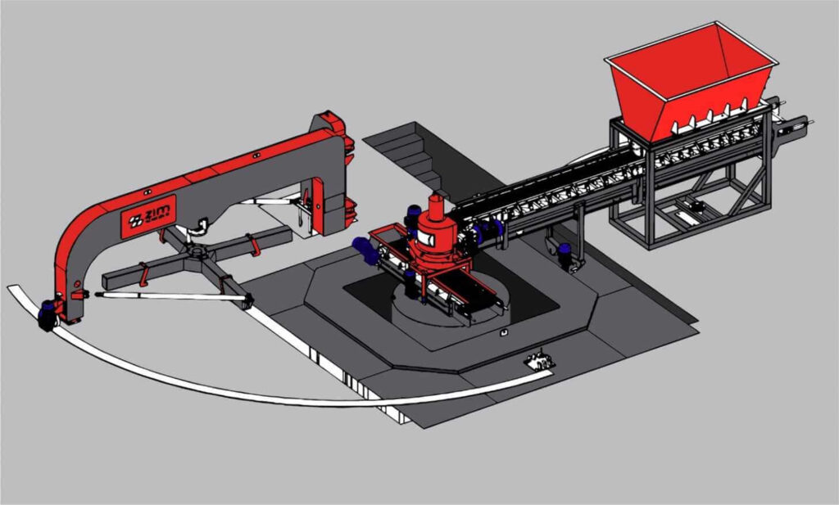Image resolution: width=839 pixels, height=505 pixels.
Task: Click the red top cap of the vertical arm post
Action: click(332, 123)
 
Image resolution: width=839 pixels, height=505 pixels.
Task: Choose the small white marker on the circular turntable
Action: click(503, 333)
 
